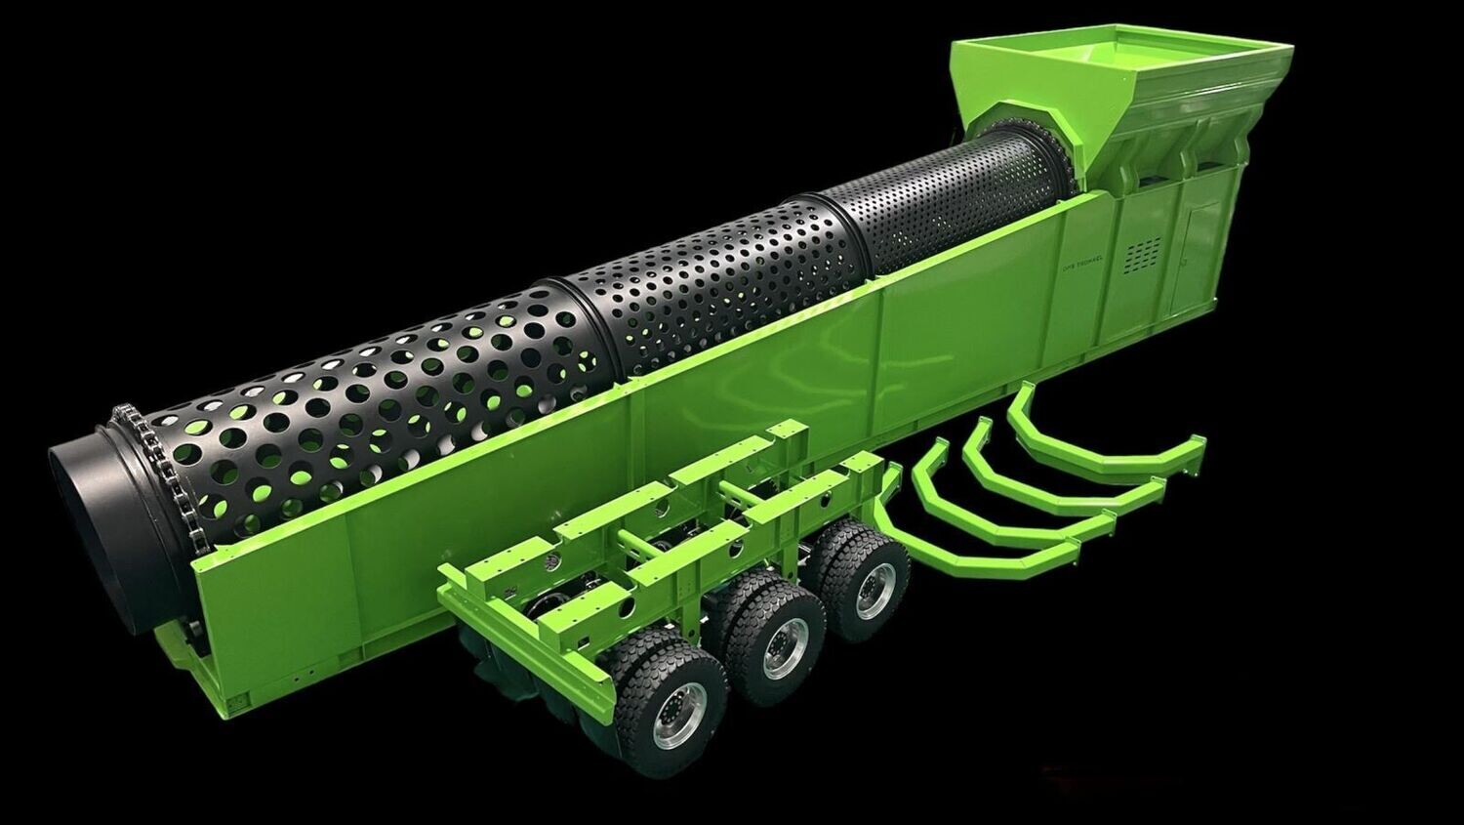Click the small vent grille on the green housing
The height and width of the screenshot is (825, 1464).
1142,256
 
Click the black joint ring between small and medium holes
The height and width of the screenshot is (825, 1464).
839,234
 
